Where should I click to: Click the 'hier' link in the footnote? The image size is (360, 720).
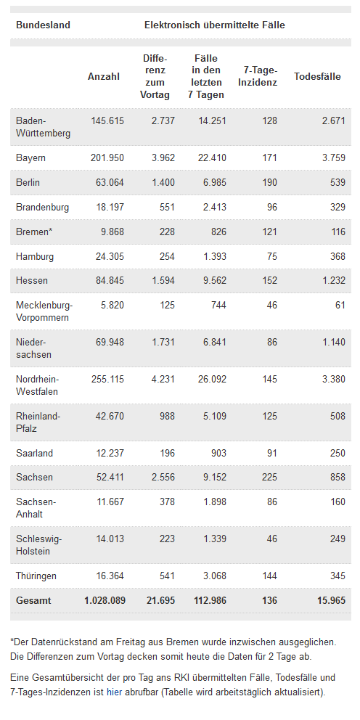point(115,692)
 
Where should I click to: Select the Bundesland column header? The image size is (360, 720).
point(43,25)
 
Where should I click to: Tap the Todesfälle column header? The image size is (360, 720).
point(317,77)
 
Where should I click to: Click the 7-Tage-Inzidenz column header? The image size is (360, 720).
point(258,77)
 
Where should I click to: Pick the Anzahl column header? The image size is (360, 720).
point(104,77)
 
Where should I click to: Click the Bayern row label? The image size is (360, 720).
point(30,158)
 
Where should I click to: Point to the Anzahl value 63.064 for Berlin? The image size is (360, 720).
point(107,182)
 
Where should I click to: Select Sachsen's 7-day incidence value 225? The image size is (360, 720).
point(269,477)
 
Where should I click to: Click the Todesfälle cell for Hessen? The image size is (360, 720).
point(331,280)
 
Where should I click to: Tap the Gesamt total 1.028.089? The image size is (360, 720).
point(105,600)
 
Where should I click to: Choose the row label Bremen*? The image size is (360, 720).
point(34,232)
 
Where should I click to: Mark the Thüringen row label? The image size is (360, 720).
point(36,576)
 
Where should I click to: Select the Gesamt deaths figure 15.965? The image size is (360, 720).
point(331,600)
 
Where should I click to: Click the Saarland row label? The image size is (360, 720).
point(34,453)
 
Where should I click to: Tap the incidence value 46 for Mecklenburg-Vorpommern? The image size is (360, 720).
point(272,304)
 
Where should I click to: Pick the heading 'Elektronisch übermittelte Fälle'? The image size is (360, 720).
point(214,25)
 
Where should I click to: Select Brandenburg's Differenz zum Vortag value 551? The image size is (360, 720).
point(166,207)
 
